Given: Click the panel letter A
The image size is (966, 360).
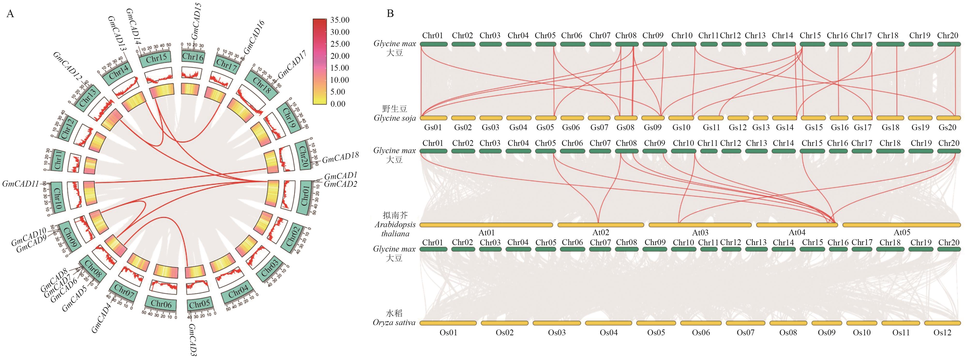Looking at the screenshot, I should [x=10, y=14].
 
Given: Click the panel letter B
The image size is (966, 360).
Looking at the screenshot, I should [x=390, y=14].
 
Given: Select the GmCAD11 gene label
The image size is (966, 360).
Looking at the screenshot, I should [x=21, y=184].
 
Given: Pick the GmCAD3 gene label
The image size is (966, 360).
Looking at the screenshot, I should [x=192, y=340].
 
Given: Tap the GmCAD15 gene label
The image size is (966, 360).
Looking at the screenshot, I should [x=196, y=21].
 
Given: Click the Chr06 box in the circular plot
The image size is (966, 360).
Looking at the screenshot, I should [x=161, y=304].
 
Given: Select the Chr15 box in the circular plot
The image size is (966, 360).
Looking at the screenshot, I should [x=156, y=58].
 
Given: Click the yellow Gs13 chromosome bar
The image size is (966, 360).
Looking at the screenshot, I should [x=761, y=118].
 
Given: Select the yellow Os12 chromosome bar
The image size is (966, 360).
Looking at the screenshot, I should [x=942, y=323].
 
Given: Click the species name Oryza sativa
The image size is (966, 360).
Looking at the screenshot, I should [x=394, y=322].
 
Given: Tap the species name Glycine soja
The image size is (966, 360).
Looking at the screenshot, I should [x=394, y=118].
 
